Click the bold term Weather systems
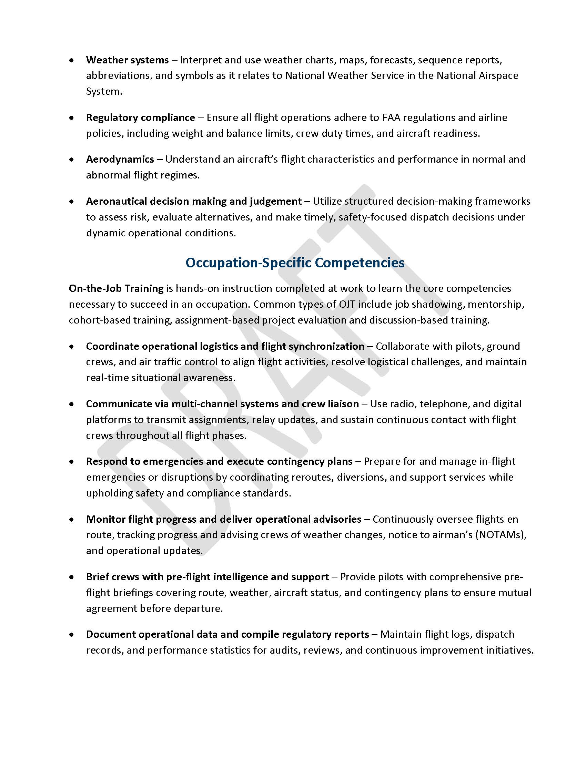point(127,60)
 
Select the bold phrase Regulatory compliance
point(140,117)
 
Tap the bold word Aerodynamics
point(120,159)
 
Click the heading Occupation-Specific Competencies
point(295,263)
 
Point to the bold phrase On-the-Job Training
point(116,288)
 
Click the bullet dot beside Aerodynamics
point(71,160)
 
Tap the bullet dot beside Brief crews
point(71,577)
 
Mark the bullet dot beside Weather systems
point(71,60)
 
